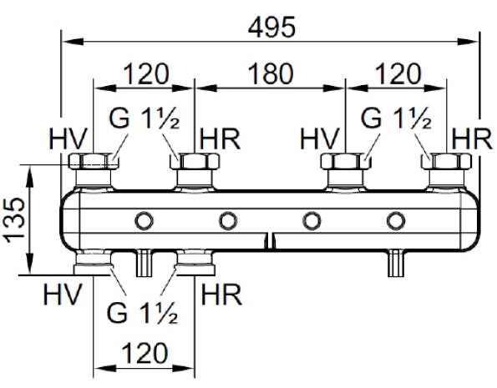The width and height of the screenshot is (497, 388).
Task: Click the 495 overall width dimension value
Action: pos(271,27)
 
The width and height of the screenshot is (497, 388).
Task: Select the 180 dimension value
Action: pos(271,73)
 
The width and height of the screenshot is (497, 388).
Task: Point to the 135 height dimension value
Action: pos(14,219)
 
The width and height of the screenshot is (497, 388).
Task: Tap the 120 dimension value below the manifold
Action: pos(145,352)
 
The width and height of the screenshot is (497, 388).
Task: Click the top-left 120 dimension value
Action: pos(146,73)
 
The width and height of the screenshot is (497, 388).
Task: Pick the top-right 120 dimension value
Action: pos(398,73)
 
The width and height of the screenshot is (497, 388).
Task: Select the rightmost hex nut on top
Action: pos(446,161)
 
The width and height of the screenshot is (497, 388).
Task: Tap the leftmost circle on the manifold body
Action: pos(145,220)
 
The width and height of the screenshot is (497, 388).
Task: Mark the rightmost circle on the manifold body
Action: pos(396,220)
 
